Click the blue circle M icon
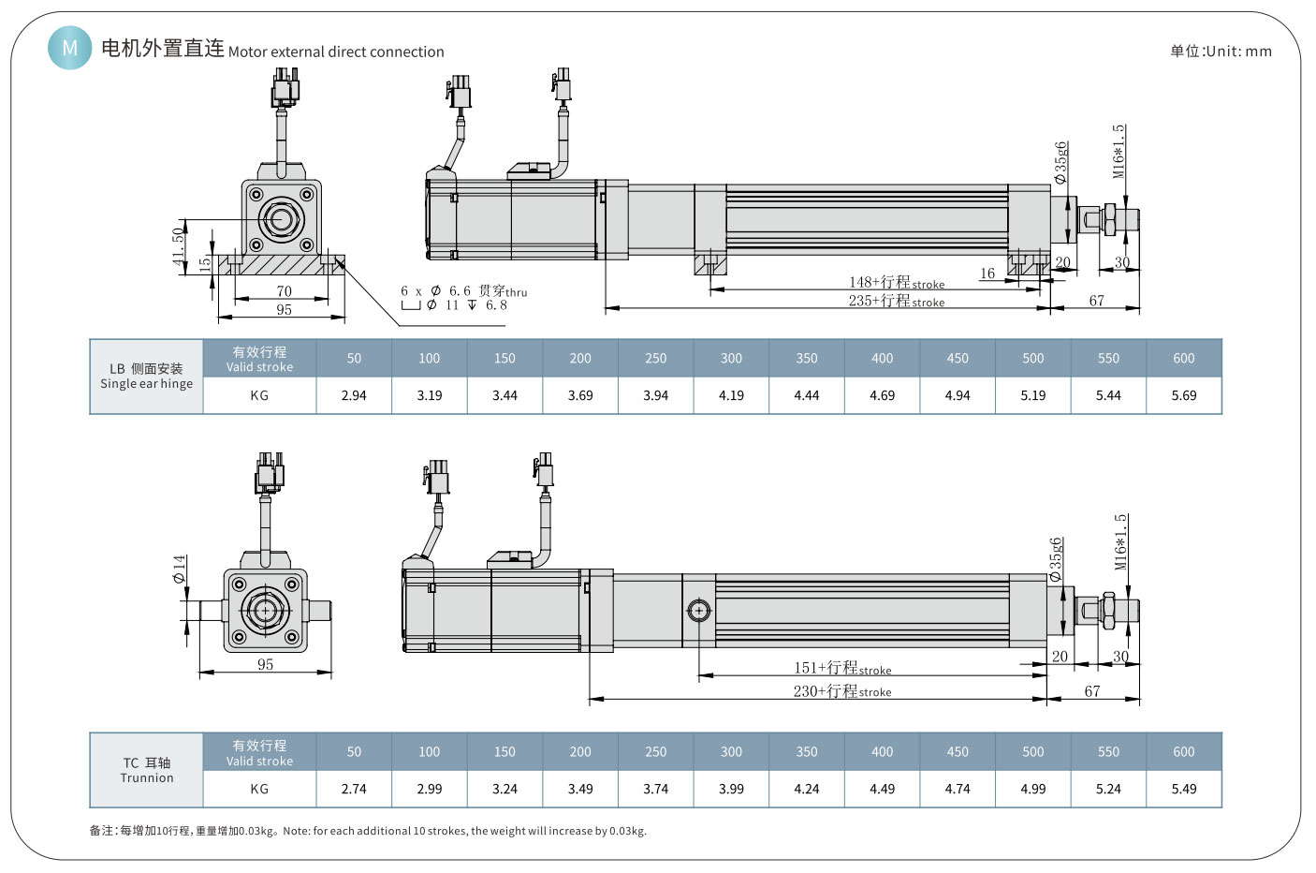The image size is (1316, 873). coord(70,47)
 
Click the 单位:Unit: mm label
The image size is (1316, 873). coord(1221,52)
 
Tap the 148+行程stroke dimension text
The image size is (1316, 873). coord(896,282)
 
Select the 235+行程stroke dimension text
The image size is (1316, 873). coord(896,301)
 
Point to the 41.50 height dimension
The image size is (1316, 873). coord(179,245)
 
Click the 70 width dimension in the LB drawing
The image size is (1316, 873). coord(284,291)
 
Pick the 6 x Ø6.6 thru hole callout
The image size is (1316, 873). coord(463,291)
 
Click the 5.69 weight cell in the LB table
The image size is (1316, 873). coord(1183,395)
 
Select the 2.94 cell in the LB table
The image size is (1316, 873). coord(354,395)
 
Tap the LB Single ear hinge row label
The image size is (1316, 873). coord(147,376)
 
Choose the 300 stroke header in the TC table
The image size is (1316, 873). coord(731,751)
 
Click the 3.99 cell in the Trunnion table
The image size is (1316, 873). coord(731,789)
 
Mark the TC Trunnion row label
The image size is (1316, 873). coord(147,770)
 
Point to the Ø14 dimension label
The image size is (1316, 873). coord(179,569)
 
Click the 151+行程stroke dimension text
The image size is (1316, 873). coord(841,668)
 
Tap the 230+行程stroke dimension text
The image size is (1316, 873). coord(841,691)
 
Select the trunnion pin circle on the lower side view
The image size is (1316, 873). coord(698,611)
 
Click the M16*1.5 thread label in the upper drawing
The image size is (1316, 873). coord(1119,151)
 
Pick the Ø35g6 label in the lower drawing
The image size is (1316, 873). coord(1056,559)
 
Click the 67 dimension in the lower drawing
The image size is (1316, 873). coord(1092,691)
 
